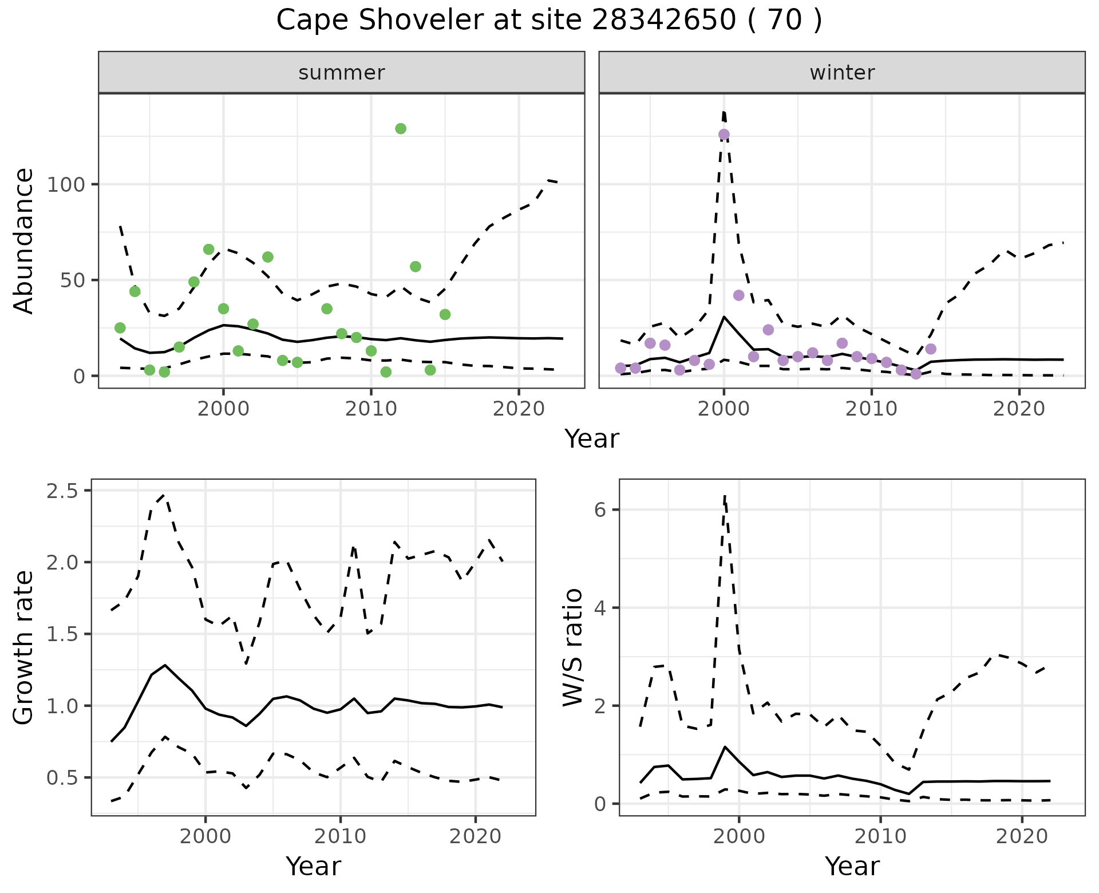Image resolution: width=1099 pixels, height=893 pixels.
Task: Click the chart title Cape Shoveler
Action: point(548,21)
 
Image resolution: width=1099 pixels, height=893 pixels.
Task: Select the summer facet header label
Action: point(342,73)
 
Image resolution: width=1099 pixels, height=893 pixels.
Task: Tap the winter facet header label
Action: point(842,73)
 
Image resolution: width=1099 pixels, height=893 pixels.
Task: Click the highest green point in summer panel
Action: point(401,129)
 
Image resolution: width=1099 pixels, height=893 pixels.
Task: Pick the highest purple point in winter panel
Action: point(724,135)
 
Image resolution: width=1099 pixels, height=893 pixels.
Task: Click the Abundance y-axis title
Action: point(24,241)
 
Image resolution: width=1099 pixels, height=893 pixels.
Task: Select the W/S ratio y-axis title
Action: point(573,647)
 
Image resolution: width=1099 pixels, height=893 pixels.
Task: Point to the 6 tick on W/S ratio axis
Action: point(600,510)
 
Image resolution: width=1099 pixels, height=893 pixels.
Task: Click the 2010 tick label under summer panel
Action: point(371,409)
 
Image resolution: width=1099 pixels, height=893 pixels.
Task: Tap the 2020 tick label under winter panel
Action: point(1019,409)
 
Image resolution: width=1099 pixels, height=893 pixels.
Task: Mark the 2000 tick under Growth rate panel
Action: point(205,837)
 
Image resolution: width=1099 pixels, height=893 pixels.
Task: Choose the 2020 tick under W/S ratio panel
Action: point(1022,837)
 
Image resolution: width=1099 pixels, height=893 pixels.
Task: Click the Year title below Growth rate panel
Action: point(313,867)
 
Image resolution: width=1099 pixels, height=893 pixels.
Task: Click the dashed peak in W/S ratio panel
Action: point(725,496)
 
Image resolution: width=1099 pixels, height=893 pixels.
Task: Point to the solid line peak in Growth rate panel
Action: point(165,665)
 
